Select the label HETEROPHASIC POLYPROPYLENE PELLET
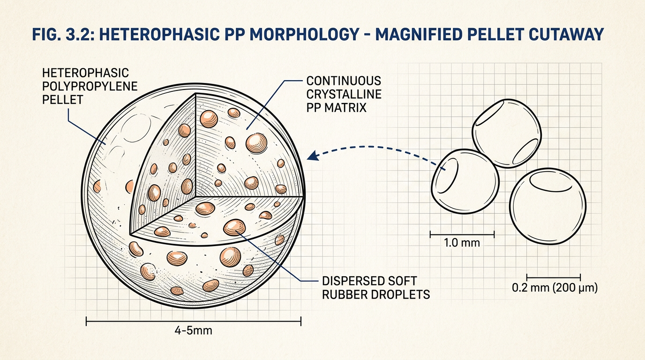point(90,86)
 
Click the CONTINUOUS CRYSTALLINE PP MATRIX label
point(344,94)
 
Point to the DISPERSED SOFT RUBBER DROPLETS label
point(376,288)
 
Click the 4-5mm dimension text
point(193,330)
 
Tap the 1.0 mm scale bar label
point(462,243)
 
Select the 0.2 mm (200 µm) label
point(555,288)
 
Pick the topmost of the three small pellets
point(507,133)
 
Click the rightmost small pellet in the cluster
point(547,206)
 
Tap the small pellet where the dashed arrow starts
point(465,181)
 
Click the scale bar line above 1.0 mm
point(462,234)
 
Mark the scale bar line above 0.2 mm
point(554,277)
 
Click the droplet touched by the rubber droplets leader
point(234,227)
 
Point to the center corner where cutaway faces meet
point(196,197)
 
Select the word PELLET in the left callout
point(62,100)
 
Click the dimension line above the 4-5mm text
point(194,321)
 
